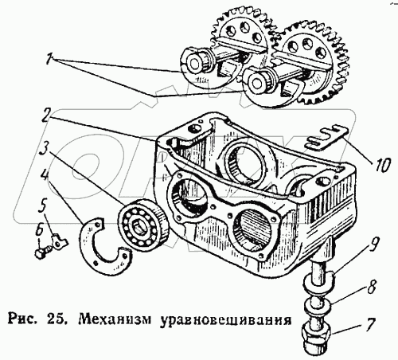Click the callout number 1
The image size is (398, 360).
49,59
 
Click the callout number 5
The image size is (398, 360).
43,206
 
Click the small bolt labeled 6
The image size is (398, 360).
43,252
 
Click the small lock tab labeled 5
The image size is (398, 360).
59,241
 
